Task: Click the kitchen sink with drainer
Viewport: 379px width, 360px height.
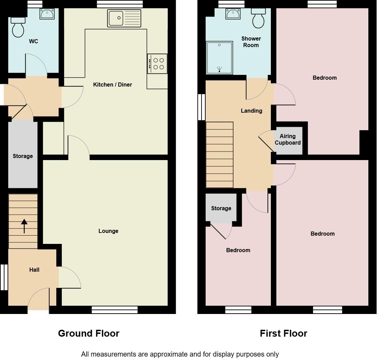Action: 124,18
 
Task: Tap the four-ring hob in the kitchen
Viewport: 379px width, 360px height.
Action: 157,64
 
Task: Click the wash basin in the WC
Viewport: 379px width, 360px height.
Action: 47,14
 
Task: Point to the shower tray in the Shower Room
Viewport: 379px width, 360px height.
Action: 219,58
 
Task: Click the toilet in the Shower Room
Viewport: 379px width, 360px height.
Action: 259,18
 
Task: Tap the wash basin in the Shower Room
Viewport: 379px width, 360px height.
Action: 233,14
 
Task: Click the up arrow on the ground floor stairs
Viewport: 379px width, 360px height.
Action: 24,226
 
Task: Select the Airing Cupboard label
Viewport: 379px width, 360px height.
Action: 288,139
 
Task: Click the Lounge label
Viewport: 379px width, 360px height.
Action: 108,231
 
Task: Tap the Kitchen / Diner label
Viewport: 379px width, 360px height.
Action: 113,85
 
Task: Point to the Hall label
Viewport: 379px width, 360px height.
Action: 34,270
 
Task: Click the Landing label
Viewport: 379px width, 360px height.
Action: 251,111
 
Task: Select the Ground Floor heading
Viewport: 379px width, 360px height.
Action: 89,334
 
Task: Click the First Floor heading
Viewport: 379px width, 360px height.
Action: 283,334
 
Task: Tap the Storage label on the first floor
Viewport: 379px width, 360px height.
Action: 221,209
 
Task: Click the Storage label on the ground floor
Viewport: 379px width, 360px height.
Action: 23,156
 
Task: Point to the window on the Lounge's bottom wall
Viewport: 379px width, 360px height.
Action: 115,310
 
